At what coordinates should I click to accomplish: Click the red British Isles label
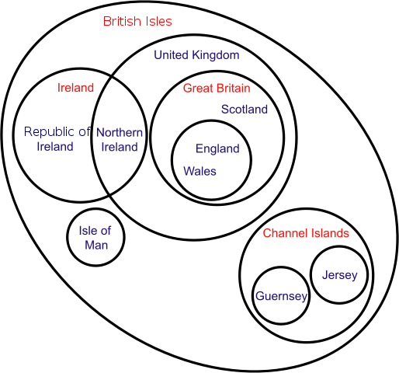tap(137, 21)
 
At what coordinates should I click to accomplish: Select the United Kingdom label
tap(196, 55)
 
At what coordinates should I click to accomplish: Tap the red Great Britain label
tap(217, 89)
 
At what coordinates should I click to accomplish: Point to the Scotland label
tap(245, 110)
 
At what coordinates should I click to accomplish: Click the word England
tap(217, 149)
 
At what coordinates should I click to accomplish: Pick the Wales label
tap(199, 171)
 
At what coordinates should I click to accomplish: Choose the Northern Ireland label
tap(120, 140)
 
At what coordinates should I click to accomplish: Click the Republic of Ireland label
tap(57, 139)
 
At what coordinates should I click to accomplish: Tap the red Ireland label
tap(75, 88)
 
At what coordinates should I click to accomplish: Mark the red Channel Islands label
tap(306, 233)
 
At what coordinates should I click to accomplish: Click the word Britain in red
tap(234, 89)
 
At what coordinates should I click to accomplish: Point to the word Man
tap(96, 245)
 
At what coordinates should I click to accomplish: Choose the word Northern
tap(120, 132)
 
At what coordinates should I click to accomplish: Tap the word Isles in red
tap(158, 21)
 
